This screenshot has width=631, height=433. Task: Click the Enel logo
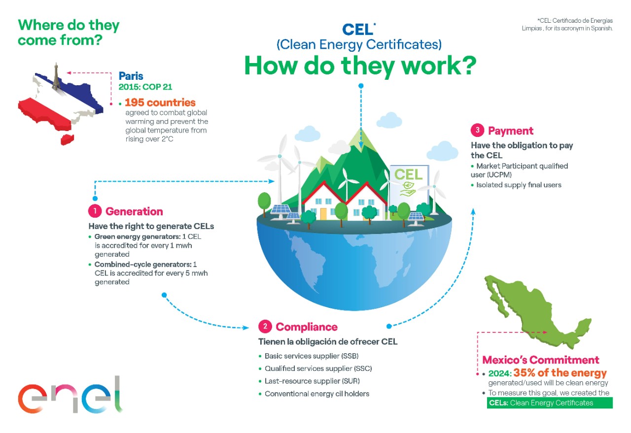tap(70, 394)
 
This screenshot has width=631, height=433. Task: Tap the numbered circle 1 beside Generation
tap(94, 211)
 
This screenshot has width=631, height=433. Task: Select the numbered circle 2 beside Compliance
tap(265, 327)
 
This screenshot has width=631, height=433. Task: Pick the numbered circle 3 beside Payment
tap(477, 131)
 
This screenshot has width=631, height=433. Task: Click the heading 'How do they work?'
tap(360, 66)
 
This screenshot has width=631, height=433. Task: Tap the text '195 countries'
tap(160, 103)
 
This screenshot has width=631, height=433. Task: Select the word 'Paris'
tap(131, 76)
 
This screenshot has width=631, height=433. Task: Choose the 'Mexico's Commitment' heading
tap(541, 360)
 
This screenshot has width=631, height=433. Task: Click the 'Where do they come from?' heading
tap(69, 33)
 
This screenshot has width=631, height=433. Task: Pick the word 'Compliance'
tap(307, 327)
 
